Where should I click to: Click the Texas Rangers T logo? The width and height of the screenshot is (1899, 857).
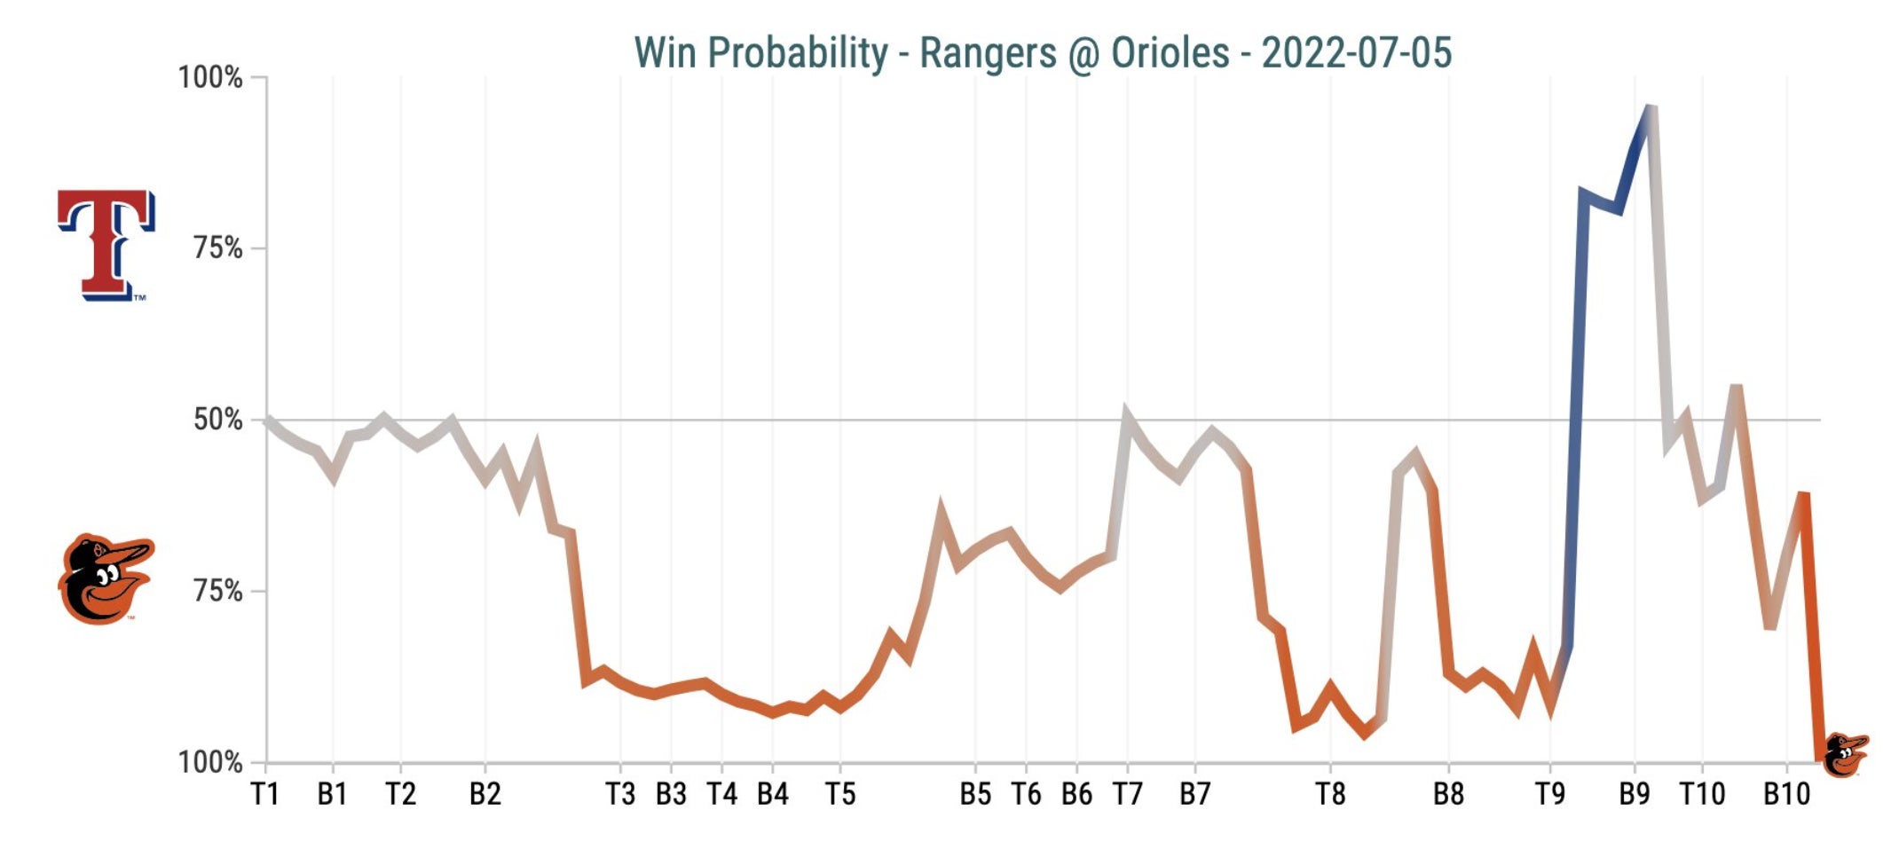coord(106,244)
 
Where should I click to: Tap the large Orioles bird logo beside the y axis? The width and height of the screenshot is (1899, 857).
coord(105,579)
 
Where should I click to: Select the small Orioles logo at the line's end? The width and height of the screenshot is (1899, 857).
coord(1846,754)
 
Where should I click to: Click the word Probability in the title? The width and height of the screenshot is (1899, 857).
coord(797,52)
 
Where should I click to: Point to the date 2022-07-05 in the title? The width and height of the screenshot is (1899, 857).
coord(1356,52)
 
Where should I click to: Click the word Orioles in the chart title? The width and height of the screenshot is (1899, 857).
coord(1170,52)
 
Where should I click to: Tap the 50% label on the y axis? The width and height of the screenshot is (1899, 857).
coord(218,420)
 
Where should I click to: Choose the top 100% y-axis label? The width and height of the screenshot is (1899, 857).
coord(210,77)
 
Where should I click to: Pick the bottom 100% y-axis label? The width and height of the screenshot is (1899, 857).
coord(210,762)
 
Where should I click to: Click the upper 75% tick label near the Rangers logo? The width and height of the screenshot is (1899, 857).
coord(218,248)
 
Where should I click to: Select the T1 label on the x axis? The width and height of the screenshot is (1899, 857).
coord(265,794)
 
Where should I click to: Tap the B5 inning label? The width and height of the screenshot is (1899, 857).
coord(975,794)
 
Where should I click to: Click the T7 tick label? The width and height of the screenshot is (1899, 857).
coord(1127,794)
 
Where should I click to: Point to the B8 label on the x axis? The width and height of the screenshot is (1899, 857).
coord(1448,794)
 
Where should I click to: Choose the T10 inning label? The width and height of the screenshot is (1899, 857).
coord(1702,794)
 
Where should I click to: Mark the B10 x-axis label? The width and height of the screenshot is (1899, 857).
coord(1786,794)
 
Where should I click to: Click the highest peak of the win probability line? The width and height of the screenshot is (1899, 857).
coord(1650,108)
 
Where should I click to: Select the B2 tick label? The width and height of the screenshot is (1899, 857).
coord(485,794)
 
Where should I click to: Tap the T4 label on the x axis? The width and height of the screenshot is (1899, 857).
coord(721,794)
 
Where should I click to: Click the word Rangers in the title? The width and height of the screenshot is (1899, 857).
coord(988,52)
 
